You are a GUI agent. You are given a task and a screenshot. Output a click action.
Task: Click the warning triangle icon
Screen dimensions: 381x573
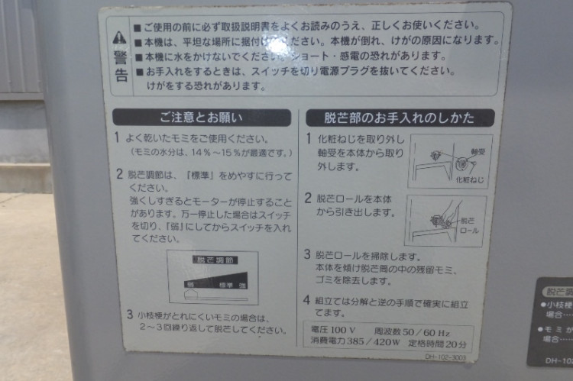point(119,37)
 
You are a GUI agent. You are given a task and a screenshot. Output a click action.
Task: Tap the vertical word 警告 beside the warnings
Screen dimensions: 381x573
point(120,65)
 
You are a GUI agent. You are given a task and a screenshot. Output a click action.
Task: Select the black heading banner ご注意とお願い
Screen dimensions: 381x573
point(202,118)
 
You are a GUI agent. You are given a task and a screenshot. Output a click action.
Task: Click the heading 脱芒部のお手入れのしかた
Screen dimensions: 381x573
point(399,118)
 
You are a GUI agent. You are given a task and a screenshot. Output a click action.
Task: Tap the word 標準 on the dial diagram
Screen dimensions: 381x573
point(224,284)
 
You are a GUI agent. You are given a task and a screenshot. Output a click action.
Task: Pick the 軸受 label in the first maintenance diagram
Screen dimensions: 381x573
point(479,152)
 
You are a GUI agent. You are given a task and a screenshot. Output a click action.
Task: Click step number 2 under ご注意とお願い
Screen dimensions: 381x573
point(119,174)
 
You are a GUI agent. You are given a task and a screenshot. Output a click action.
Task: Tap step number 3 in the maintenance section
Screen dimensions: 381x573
point(306,254)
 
